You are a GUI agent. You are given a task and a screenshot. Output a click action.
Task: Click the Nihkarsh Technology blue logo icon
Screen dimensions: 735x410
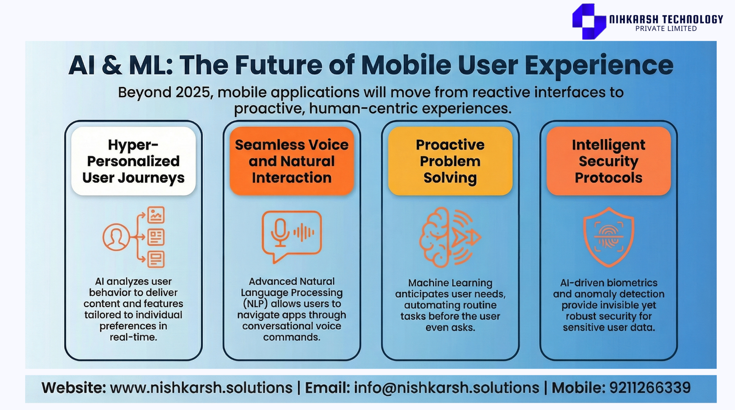(589, 21)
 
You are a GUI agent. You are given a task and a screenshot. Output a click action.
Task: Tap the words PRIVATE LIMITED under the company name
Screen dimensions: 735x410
(666, 29)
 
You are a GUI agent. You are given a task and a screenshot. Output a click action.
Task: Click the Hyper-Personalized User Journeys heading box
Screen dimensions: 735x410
(134, 161)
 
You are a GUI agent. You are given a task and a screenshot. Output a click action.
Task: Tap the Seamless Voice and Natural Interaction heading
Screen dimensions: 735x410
(292, 161)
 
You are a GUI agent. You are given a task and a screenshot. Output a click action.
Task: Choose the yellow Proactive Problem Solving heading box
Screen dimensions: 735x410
(450, 161)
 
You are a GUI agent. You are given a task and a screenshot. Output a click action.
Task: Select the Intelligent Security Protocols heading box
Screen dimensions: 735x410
(609, 161)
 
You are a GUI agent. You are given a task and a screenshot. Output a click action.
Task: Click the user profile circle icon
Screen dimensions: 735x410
(116, 237)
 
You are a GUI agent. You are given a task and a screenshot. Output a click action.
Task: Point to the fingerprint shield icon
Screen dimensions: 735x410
(609, 237)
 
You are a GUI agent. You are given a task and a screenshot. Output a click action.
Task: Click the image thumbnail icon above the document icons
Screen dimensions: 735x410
(156, 215)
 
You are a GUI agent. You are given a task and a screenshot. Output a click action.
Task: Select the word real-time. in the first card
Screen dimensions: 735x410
(133, 337)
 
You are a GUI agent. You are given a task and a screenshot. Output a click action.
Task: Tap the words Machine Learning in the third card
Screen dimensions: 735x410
(450, 283)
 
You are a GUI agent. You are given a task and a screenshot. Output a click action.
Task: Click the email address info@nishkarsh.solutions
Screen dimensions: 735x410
(446, 388)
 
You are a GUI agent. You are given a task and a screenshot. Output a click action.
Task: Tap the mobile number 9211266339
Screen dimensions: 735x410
(650, 388)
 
